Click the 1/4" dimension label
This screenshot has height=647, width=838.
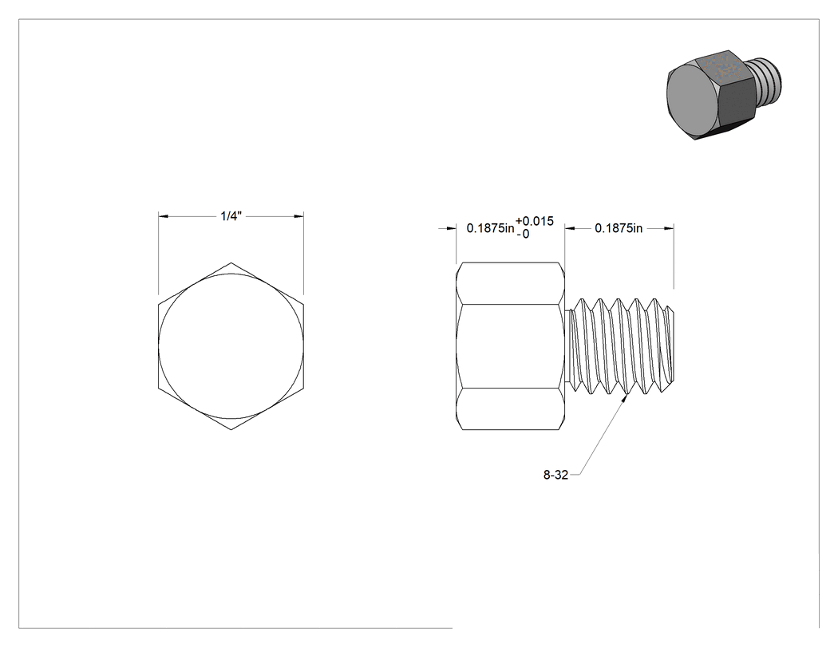point(231,216)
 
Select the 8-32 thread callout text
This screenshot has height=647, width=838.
point(555,475)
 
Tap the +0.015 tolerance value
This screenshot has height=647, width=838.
point(535,221)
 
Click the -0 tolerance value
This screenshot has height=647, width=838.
point(524,234)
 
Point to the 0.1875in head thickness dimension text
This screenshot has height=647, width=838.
point(491,228)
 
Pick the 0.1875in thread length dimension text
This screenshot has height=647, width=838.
point(619,228)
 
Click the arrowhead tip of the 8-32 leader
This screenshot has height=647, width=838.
point(627,396)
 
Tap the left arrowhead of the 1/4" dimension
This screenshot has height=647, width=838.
point(164,216)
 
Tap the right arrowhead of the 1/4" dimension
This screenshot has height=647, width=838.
point(298,216)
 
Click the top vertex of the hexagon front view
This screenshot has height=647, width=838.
point(231,262)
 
